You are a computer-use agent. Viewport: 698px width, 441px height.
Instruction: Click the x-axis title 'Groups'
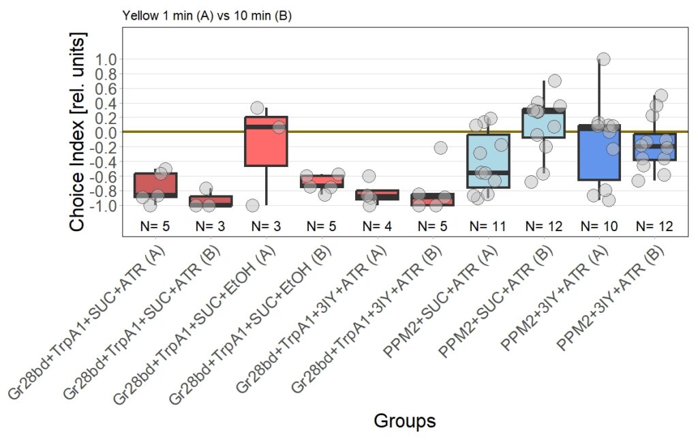(x=404, y=421)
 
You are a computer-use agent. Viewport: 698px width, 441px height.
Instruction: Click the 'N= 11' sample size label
(x=488, y=226)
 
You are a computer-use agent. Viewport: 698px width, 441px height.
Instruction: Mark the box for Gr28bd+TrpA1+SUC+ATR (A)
(x=155, y=184)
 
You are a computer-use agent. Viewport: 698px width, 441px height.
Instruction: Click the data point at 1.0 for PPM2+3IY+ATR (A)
(x=603, y=59)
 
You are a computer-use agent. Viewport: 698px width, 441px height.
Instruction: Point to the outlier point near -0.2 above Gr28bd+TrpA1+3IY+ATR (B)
(x=440, y=147)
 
